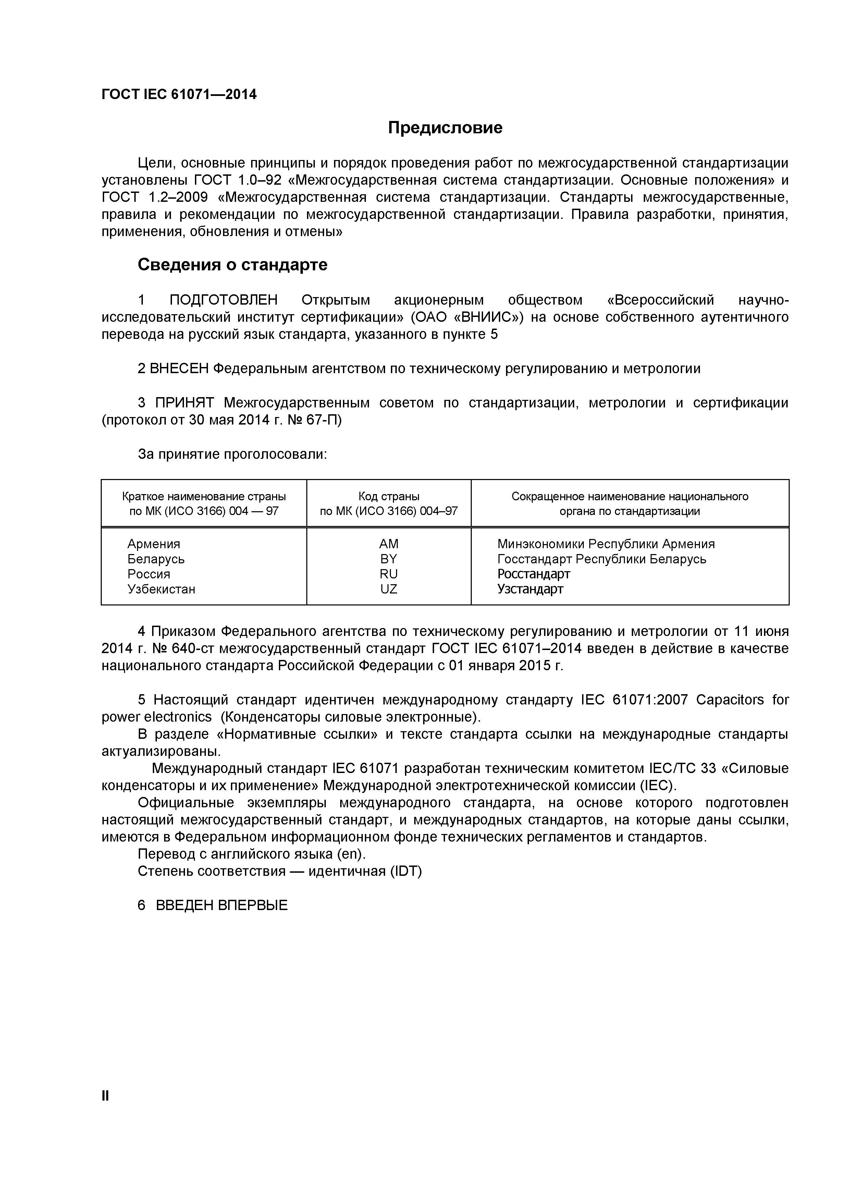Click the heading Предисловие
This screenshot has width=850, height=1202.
pyautogui.click(x=445, y=128)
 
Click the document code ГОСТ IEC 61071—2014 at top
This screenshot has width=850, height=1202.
pyautogui.click(x=179, y=95)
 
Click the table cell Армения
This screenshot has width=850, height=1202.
pyautogui.click(x=154, y=544)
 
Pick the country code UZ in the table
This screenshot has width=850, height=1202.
pyautogui.click(x=389, y=589)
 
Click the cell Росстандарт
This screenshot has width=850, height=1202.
pyautogui.click(x=533, y=574)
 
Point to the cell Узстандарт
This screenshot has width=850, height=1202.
pyautogui.click(x=530, y=589)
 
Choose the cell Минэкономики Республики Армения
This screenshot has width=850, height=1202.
pyautogui.click(x=606, y=544)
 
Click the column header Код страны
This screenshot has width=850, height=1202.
pyautogui.click(x=389, y=496)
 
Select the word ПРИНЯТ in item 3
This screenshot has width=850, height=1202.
pyautogui.click(x=184, y=403)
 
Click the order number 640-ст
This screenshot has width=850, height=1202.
pyautogui.click(x=192, y=649)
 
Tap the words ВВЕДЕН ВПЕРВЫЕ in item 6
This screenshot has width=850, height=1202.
pyautogui.click(x=222, y=906)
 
